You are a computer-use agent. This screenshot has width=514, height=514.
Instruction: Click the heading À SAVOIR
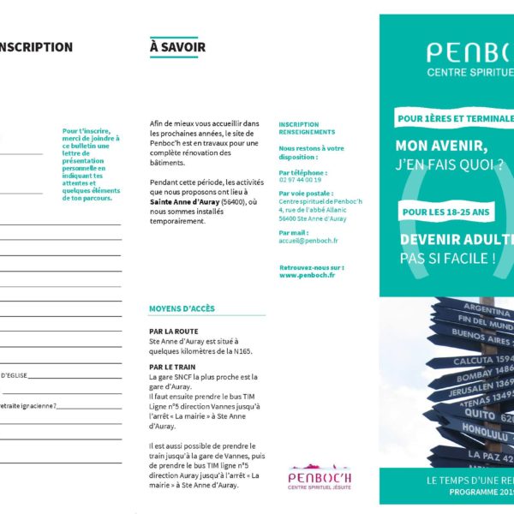click(177, 47)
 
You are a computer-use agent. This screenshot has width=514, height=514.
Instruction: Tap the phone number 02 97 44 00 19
click(300, 179)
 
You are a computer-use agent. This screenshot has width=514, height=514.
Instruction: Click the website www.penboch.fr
click(307, 275)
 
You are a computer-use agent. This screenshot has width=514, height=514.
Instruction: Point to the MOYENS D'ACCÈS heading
click(182, 308)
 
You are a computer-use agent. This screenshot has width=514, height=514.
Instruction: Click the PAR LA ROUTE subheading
click(173, 331)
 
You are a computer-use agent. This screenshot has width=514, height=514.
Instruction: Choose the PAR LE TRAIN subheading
click(172, 367)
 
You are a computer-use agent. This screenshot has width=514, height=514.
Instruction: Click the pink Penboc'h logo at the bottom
click(320, 476)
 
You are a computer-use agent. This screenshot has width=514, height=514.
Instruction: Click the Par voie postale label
click(305, 193)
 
